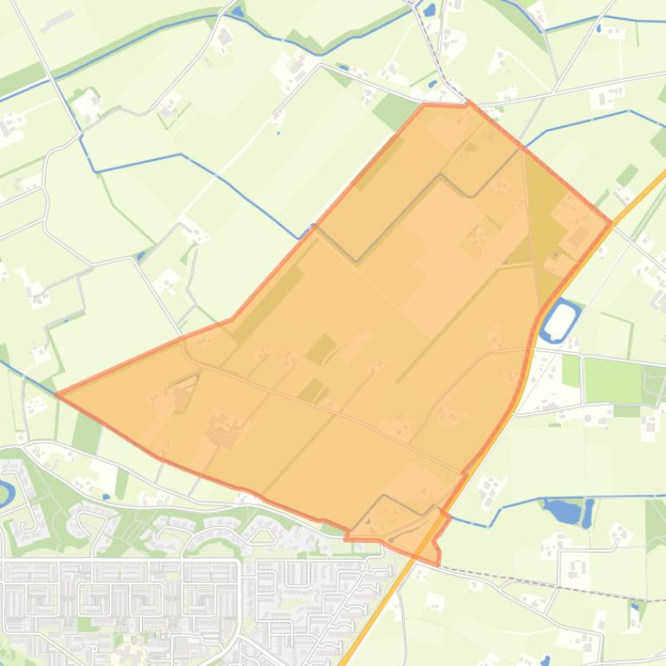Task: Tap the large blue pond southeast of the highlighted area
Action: tap(565, 511)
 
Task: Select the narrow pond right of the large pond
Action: tap(588, 512)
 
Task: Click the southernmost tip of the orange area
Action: tap(438, 563)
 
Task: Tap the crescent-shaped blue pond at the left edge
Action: tap(5, 494)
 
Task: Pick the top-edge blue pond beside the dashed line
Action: tap(428, 11)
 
